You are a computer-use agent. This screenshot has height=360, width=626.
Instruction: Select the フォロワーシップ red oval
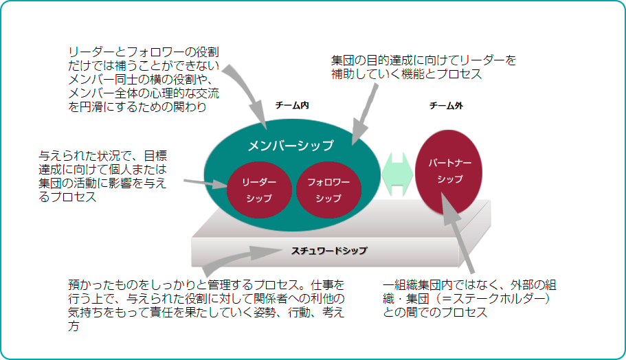pos(328,190)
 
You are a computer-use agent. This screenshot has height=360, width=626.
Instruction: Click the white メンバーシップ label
pos(290,146)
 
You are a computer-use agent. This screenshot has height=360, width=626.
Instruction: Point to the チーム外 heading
pos(446,106)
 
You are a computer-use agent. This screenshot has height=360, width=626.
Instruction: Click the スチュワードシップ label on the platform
pos(330,251)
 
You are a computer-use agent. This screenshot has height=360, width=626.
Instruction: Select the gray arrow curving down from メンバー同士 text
pos(247,89)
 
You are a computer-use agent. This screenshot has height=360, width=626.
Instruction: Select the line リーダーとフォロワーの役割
pos(144,52)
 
